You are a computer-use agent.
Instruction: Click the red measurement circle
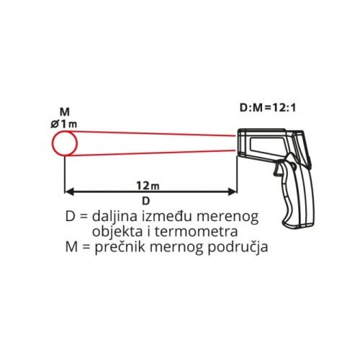coord(53,143)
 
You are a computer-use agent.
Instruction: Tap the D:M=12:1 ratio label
coord(268,108)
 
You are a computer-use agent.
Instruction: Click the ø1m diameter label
coord(64,124)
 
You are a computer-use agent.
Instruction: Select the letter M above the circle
coord(65,112)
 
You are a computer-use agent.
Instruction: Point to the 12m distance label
coord(148,186)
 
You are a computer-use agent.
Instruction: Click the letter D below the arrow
coord(145,201)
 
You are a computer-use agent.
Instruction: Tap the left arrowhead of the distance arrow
coord(69,192)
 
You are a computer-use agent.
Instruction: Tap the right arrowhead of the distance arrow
coord(233,192)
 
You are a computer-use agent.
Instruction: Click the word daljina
coord(115,217)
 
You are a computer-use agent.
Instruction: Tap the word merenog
coord(228,217)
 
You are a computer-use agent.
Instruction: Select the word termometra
coord(197,232)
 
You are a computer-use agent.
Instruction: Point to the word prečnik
coord(120,248)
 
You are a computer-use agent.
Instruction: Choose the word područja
coord(238,248)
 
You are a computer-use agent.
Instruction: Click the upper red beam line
coord(152,133)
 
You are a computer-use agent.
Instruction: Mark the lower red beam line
coord(152,153)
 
